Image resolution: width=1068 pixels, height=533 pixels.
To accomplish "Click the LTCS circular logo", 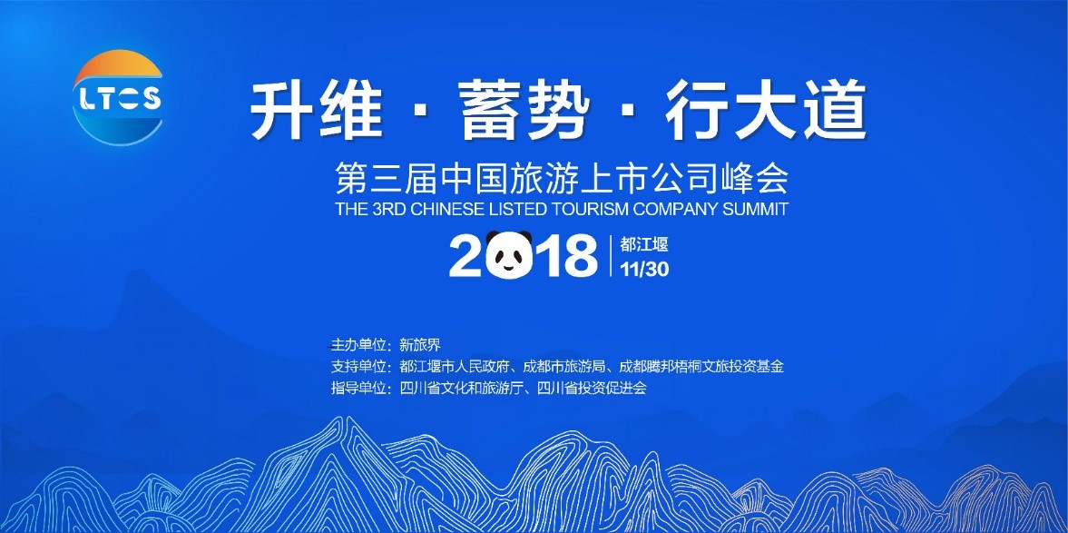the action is click(117, 97).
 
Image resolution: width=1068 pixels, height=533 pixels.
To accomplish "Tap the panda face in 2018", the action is click(509, 255).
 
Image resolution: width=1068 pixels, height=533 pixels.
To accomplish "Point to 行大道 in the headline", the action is click(766, 111).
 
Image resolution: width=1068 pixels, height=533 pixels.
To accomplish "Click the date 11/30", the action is click(644, 270).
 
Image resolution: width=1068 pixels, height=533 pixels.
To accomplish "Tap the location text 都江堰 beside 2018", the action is click(643, 244).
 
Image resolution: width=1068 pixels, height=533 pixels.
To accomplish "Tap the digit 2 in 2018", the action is click(465, 255).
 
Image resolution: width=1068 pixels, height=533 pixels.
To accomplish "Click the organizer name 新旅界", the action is click(420, 346).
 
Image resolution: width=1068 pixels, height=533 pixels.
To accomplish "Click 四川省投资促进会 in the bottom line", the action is click(592, 389).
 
